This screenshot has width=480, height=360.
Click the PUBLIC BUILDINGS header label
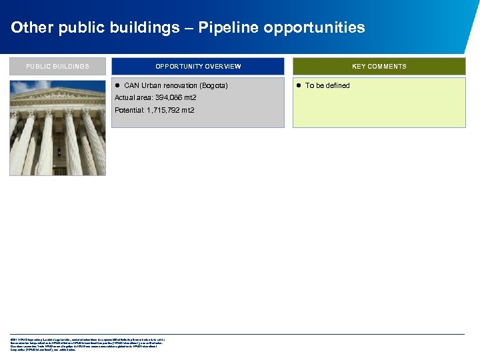point(57,67)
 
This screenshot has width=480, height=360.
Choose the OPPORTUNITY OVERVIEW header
point(198,67)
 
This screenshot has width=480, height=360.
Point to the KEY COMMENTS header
point(379,67)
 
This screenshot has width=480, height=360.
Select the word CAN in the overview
point(131,85)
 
